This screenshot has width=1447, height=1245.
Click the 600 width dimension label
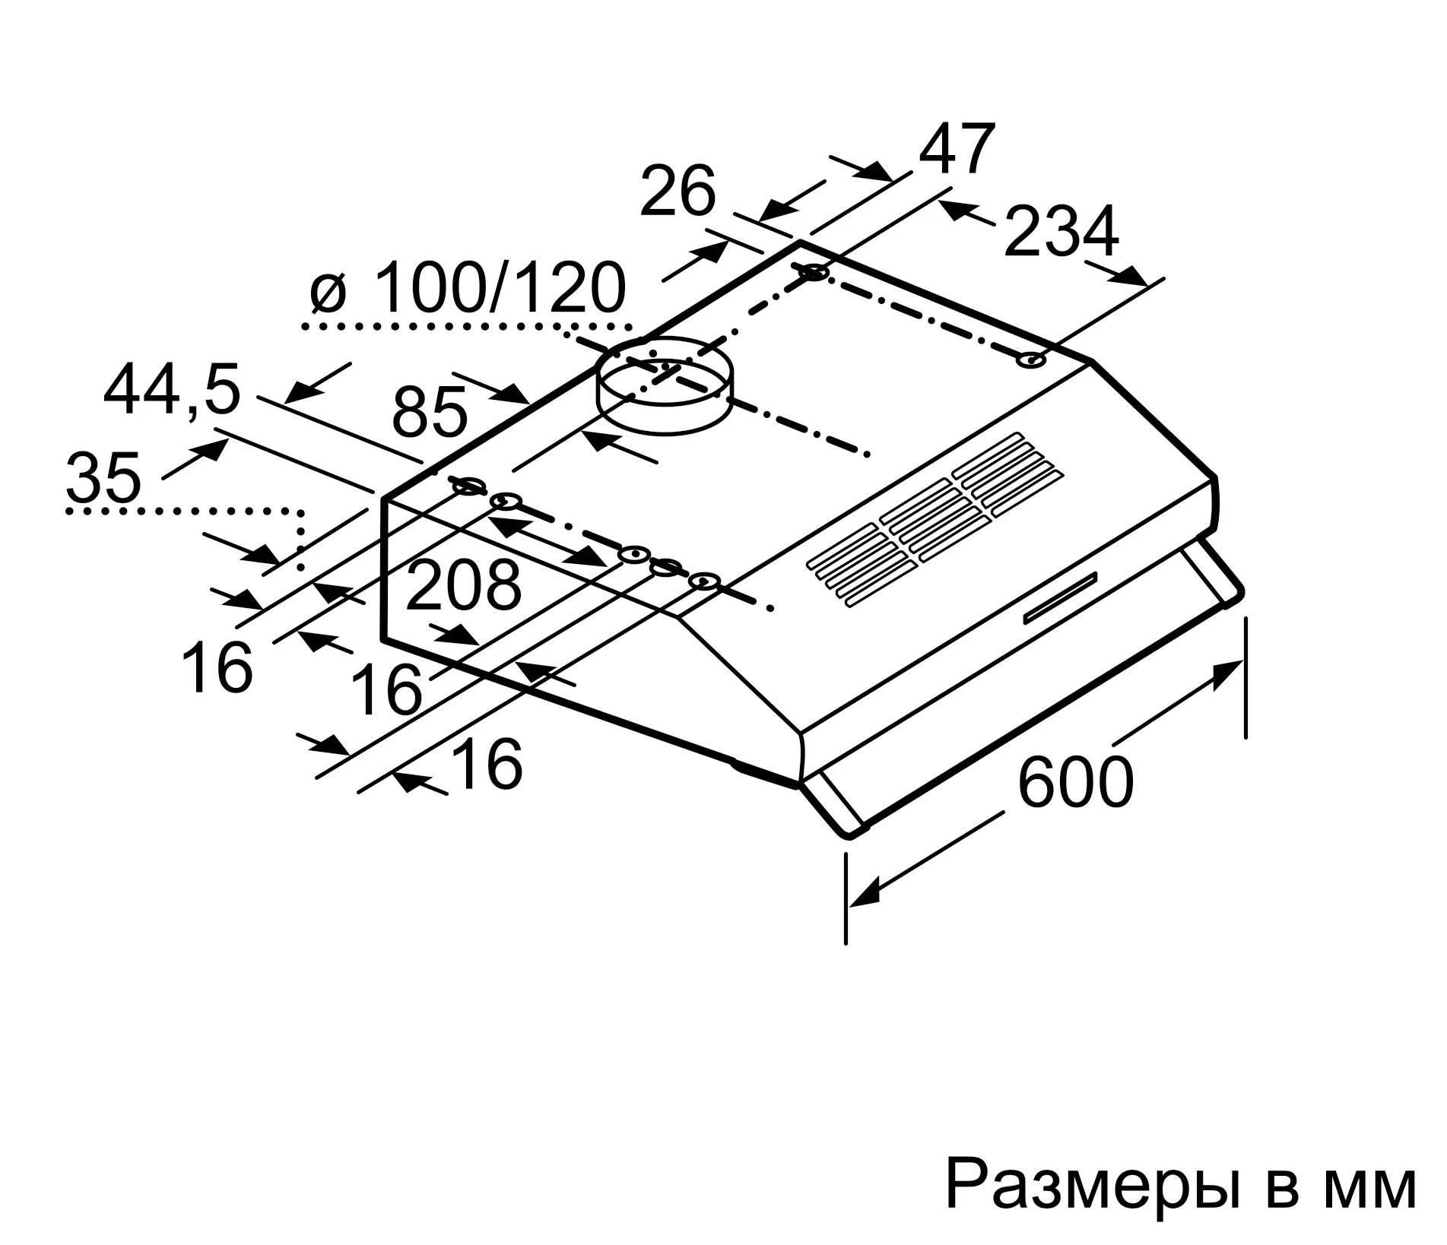pos(1074,781)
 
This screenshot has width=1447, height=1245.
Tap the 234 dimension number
pos(1061,231)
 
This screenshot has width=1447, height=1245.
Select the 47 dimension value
pos(957,149)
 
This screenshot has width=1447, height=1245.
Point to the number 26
pos(677,192)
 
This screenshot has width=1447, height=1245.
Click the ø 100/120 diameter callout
pos(468,289)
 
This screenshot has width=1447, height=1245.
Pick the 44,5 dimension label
pos(172,391)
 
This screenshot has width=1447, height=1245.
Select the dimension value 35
pos(103,477)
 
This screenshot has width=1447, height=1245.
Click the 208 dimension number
pos(463,585)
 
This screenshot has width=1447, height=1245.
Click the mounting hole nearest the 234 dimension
pos(1031,360)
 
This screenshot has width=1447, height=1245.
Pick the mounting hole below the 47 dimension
pos(814,271)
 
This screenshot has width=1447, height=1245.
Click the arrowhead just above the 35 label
pos(213,450)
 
